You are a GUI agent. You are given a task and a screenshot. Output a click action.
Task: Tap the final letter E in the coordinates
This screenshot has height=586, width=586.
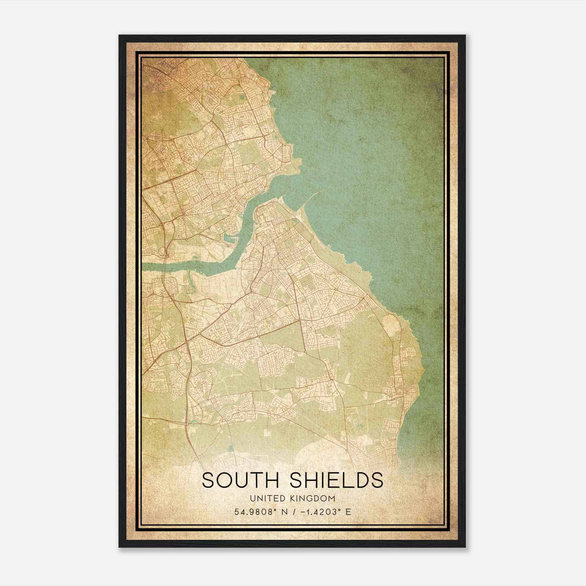[x=348, y=512]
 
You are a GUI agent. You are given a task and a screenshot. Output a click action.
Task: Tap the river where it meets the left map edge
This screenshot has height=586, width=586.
[x=144, y=267]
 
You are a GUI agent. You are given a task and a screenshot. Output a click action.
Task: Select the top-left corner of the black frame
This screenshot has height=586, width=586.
[x=119, y=36]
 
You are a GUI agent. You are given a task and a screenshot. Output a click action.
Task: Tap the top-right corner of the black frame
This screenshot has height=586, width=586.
[x=465, y=36]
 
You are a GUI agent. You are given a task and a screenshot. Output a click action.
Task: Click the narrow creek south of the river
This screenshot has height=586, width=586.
[x=189, y=282]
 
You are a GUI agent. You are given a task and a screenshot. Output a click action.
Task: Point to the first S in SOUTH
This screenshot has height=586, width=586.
[x=208, y=480]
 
